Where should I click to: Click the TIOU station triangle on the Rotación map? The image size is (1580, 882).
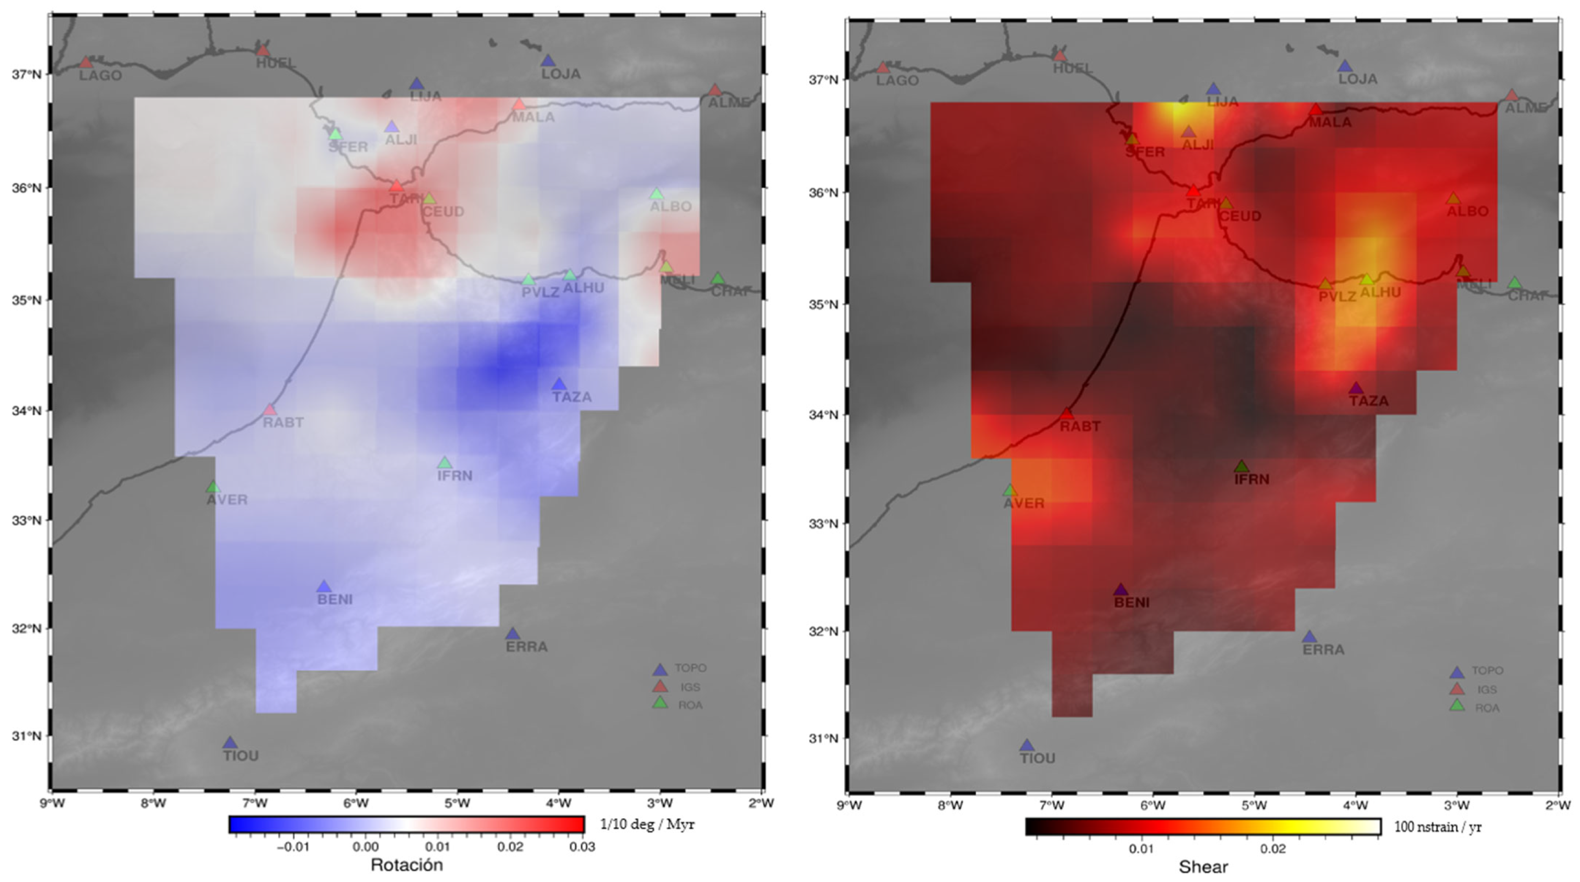pyautogui.click(x=230, y=743)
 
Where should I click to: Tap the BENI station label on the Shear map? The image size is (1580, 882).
pyautogui.click(x=1132, y=603)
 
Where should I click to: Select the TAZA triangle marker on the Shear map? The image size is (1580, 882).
pyautogui.click(x=1356, y=388)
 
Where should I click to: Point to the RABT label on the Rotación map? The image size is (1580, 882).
pyautogui.click(x=283, y=423)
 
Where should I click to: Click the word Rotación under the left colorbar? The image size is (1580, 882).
pyautogui.click(x=407, y=865)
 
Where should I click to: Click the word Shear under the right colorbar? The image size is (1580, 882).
pyautogui.click(x=1203, y=867)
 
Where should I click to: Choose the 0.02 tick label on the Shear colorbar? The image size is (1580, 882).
pyautogui.click(x=1272, y=849)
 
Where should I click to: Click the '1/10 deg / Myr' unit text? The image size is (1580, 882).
pyautogui.click(x=647, y=824)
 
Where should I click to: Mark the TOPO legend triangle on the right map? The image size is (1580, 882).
pyautogui.click(x=1457, y=672)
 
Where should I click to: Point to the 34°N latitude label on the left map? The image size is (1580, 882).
pyautogui.click(x=26, y=410)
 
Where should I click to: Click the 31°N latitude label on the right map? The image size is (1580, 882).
pyautogui.click(x=823, y=739)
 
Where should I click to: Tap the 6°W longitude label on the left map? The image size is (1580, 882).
pyautogui.click(x=356, y=803)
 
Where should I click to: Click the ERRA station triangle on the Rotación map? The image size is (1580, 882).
pyautogui.click(x=513, y=634)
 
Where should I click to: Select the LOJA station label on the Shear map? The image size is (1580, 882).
pyautogui.click(x=1357, y=79)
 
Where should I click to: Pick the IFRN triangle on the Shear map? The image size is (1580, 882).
pyautogui.click(x=1242, y=467)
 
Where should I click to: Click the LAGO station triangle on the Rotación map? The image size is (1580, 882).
pyautogui.click(x=86, y=63)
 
